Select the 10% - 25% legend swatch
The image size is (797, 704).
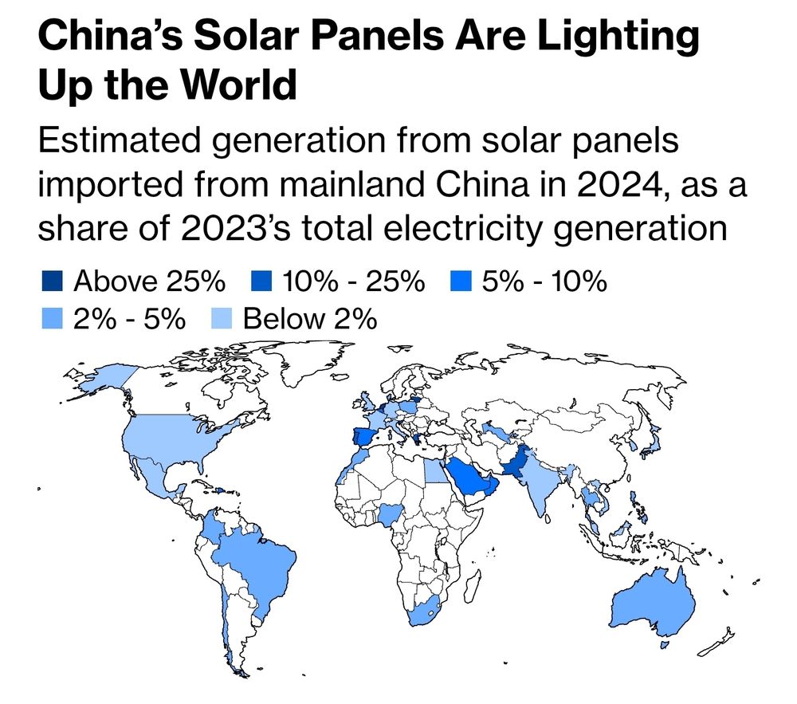[265, 282]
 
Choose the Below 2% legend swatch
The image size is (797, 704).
[221, 320]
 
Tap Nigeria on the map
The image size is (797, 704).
[390, 513]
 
